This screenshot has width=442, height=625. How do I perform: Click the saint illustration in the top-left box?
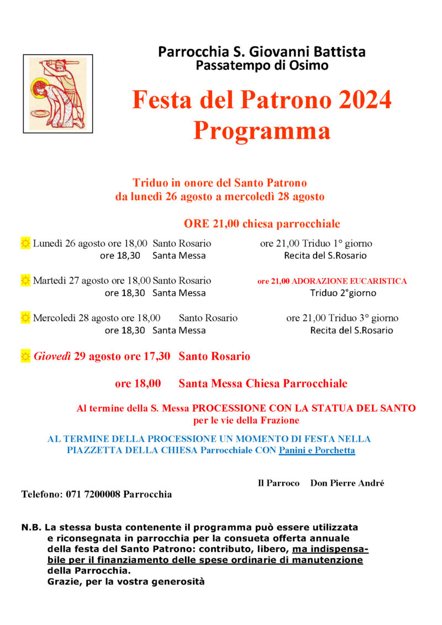tap(57, 93)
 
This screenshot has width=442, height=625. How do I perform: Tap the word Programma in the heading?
tap(261, 131)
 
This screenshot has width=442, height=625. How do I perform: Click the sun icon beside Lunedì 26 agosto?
tap(25, 243)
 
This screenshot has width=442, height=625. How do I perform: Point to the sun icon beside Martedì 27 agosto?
tap(25, 281)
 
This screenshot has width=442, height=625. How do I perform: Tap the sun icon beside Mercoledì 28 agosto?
tap(25, 318)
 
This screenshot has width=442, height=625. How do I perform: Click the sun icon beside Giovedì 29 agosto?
tap(25, 356)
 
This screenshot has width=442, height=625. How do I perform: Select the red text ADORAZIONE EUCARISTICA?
tap(349, 281)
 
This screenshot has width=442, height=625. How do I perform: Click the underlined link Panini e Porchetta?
tap(317, 450)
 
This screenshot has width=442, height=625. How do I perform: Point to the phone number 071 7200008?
tap(93, 494)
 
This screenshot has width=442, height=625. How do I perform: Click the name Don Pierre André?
tap(347, 483)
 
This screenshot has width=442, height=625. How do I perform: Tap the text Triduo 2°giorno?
tap(343, 293)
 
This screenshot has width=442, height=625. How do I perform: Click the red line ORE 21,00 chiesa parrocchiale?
tap(262, 224)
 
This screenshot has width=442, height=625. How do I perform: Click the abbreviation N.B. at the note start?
tap(32, 527)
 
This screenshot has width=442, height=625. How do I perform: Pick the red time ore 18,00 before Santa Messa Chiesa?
tap(138, 384)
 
